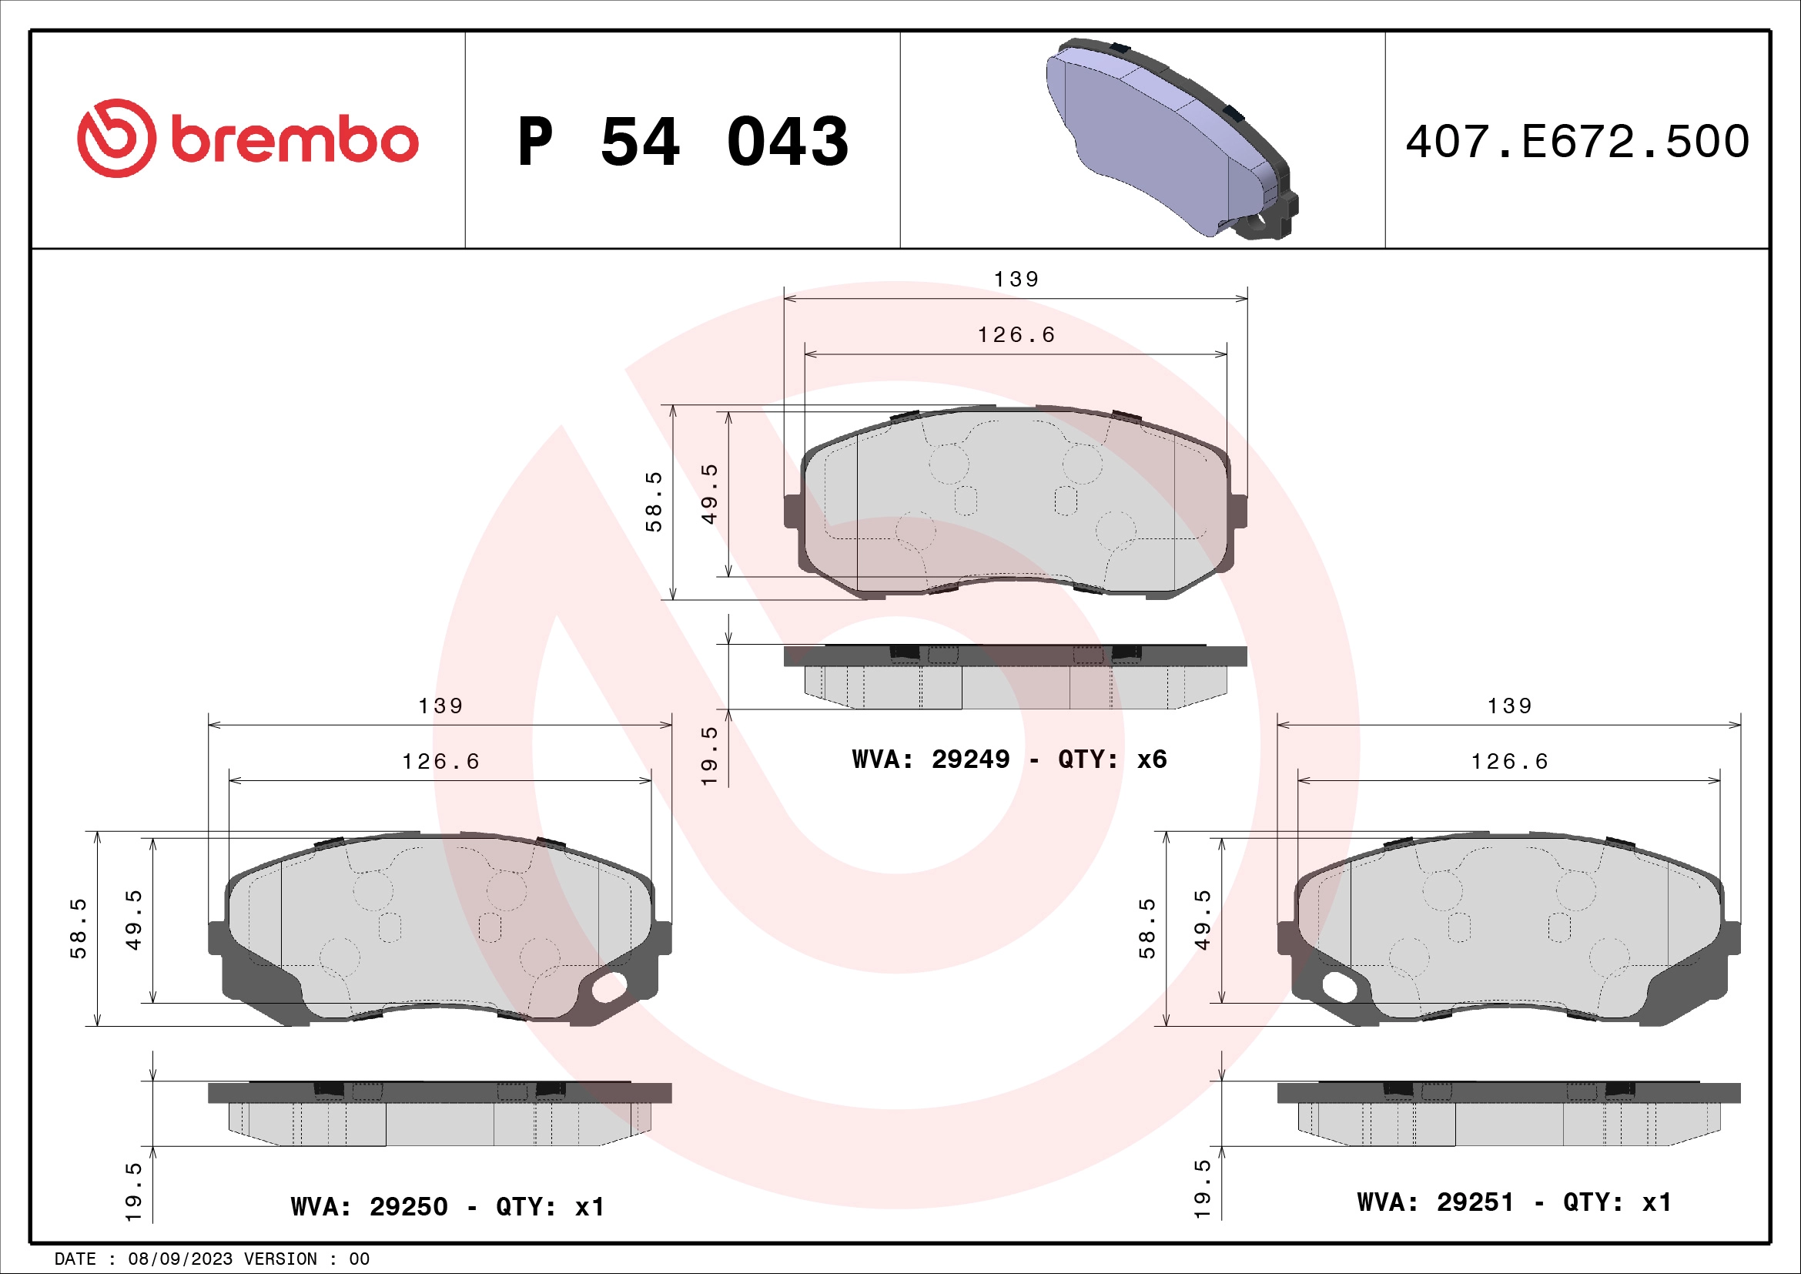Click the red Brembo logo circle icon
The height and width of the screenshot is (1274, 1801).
116,138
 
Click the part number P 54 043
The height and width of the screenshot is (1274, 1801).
682,142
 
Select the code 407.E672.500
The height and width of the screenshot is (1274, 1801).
1577,142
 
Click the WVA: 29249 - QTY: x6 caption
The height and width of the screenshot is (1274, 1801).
1009,759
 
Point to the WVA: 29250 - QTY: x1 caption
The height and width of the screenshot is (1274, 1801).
447,1206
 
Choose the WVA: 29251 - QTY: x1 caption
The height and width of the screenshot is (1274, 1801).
1514,1202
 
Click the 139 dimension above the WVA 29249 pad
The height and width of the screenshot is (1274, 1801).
1016,280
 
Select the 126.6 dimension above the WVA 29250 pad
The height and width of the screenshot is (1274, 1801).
441,762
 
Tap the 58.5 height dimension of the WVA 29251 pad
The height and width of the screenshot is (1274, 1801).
1147,929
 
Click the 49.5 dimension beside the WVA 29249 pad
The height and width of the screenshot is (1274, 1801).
709,495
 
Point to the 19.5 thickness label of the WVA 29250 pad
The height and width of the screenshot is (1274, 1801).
133,1192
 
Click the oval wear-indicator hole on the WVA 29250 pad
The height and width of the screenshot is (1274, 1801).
610,987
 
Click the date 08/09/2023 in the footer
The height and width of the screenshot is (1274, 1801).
180,1259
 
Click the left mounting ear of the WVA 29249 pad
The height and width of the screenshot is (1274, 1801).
793,511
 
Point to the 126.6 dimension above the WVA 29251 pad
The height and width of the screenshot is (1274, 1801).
1509,762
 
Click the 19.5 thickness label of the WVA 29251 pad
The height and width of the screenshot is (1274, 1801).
1203,1189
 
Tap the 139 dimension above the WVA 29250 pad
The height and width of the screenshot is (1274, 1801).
441,706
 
